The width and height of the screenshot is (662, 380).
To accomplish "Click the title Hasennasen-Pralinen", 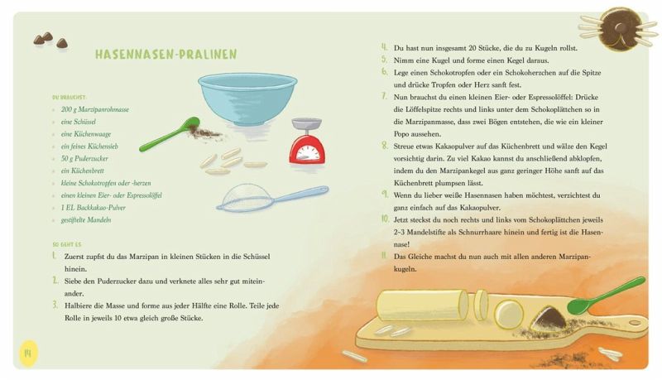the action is point(166,55).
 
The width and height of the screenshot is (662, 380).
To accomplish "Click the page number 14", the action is point(28,353).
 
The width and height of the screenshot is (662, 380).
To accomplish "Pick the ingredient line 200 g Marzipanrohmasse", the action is point(95,109).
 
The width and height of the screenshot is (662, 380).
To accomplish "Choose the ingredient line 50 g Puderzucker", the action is point(84,159).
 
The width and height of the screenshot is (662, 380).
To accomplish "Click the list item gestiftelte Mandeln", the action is point(86,220).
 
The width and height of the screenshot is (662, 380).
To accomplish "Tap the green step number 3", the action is point(55,305).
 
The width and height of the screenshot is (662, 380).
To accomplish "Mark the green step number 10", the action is point(385,219).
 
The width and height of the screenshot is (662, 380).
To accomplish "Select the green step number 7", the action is point(384,96).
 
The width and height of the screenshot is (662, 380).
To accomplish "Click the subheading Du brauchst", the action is point(70,98).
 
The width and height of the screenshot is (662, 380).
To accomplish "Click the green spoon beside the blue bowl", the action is point(169,134).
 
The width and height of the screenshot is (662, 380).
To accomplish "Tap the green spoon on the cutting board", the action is point(606,296).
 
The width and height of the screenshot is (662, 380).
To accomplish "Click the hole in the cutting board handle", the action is point(635,323).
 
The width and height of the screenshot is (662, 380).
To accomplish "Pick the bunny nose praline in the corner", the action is point(619,29).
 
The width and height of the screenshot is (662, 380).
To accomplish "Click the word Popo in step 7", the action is point(403,134).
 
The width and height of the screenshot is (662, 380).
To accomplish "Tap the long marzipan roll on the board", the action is point(422,305).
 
